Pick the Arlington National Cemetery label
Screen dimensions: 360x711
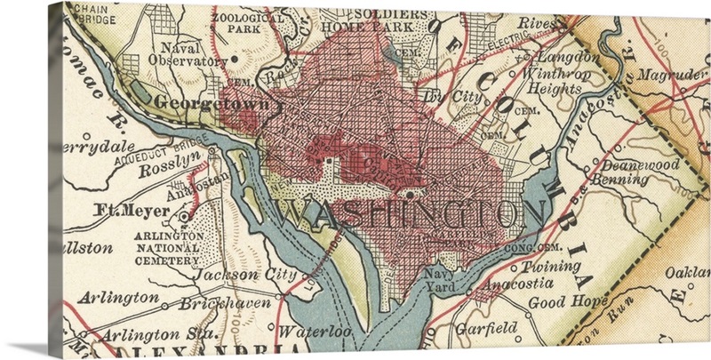(x=168, y=248)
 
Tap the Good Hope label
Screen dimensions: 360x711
(x=556, y=302)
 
